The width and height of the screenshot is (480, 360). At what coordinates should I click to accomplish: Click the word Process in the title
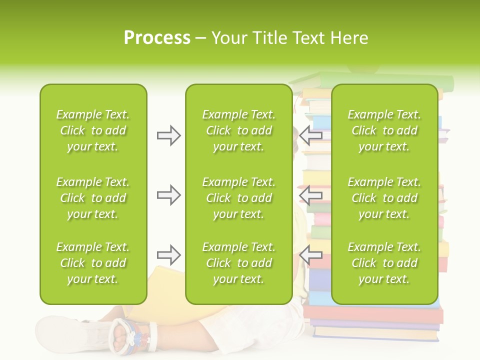point(157,38)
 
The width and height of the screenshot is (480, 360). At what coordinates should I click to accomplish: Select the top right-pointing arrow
point(168,135)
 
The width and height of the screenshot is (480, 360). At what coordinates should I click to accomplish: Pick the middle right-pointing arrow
point(168,195)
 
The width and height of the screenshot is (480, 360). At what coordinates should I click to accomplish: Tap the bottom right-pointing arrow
point(168,255)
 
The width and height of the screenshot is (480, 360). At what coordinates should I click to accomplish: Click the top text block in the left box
point(93,130)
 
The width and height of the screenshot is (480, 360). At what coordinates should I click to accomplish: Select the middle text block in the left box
point(93,198)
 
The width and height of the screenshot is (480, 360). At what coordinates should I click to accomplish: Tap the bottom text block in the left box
point(93,263)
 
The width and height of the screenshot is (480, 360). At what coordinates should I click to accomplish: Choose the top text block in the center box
point(238,130)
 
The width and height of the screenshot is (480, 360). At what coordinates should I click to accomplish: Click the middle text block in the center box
point(238,198)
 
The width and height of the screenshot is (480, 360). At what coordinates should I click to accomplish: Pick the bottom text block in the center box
point(238,263)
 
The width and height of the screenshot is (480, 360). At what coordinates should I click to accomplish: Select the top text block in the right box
point(384,130)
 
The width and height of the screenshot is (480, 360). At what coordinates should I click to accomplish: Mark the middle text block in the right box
point(384,198)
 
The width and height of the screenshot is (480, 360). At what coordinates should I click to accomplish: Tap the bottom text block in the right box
point(384,263)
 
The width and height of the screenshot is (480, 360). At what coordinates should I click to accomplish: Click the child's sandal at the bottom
point(132,334)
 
